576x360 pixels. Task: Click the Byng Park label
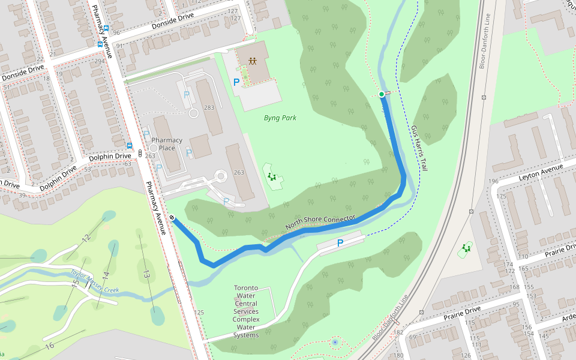click(x=280, y=118)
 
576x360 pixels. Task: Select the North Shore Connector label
click(x=320, y=222)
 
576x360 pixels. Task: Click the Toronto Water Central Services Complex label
click(x=246, y=311)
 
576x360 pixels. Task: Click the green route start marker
click(x=382, y=94)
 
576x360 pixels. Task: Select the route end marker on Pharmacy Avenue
click(x=172, y=218)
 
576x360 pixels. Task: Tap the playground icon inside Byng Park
click(x=272, y=176)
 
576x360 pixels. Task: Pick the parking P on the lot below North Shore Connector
click(x=340, y=243)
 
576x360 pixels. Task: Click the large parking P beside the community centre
click(x=236, y=82)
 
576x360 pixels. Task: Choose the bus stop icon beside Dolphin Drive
click(x=130, y=145)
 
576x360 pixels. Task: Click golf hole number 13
click(x=146, y=274)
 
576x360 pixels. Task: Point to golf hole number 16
click(x=50, y=345)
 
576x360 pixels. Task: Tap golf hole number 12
click(x=86, y=239)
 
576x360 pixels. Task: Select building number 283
click(x=209, y=108)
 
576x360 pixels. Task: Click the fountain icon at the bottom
click(x=335, y=343)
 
